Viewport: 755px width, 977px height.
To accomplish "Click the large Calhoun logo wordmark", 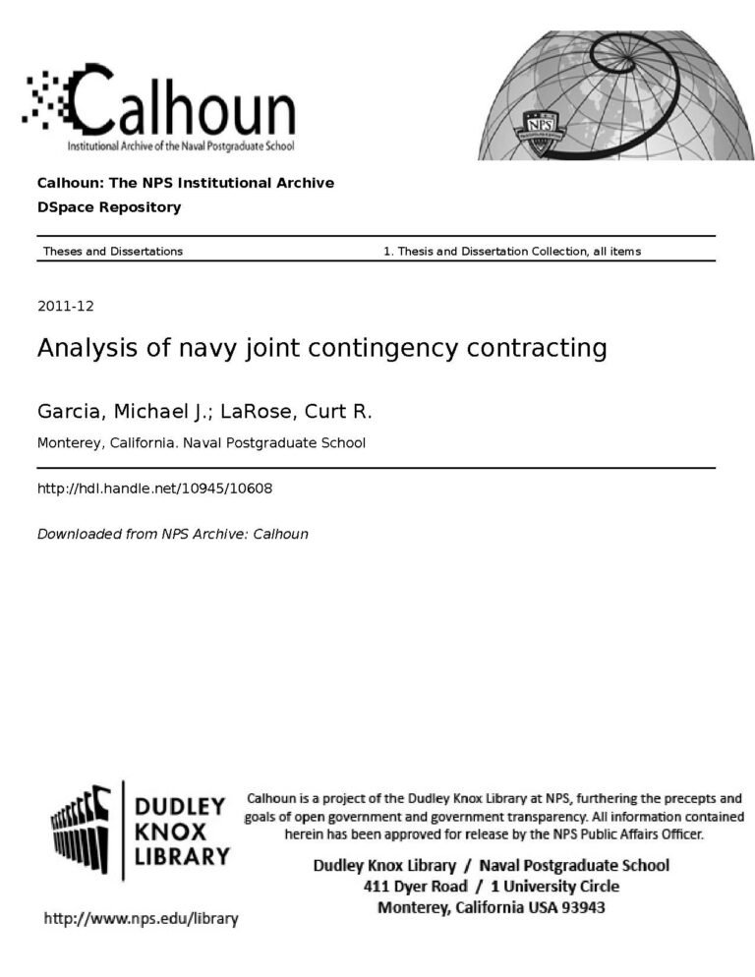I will coord(182,103).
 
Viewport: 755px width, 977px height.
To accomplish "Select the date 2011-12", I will coord(65,306).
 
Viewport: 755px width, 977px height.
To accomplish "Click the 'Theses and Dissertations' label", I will coord(113,252).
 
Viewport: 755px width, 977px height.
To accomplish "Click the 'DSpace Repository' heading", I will coord(109,207).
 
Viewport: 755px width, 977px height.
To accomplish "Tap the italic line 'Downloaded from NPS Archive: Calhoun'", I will coord(172,534).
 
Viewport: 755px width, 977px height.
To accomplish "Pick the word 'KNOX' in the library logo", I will coord(169,831).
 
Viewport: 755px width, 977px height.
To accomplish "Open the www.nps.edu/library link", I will coord(141,919).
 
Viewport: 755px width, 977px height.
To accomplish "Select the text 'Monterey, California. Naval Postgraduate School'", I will coord(201,442).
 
